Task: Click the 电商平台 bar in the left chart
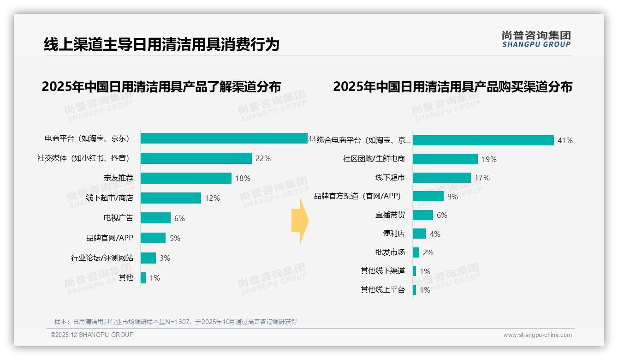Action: [x=224, y=138]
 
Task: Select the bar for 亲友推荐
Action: [x=186, y=178]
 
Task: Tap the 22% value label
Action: [x=263, y=158]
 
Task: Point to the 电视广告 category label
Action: [x=118, y=218]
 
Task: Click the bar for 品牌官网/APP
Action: [x=153, y=238]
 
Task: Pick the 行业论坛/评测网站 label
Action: [x=102, y=258]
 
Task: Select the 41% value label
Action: [x=565, y=140]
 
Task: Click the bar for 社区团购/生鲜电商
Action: [x=445, y=159]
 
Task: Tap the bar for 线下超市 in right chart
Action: [x=442, y=178]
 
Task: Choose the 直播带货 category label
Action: [x=390, y=215]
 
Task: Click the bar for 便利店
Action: [x=419, y=234]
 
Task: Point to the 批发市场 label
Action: [x=390, y=252]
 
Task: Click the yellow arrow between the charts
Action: [x=300, y=221]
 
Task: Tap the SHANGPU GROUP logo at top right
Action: [x=536, y=39]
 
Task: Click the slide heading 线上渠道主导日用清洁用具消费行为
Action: [x=161, y=44]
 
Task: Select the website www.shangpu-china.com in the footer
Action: [x=537, y=335]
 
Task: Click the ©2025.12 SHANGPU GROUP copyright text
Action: [x=92, y=335]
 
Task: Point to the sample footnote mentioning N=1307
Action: [x=176, y=322]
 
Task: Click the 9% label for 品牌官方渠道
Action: [x=452, y=197]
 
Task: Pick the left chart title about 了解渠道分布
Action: [x=161, y=87]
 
